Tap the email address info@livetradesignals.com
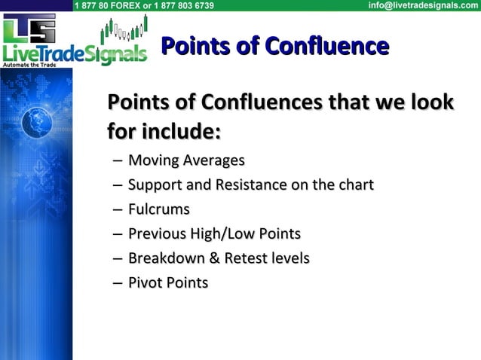[x=422, y=5]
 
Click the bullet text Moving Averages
[x=186, y=160]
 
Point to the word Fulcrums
[x=158, y=209]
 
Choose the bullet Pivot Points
[x=167, y=282]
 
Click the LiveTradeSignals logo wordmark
[x=73, y=54]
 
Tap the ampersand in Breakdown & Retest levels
[x=213, y=258]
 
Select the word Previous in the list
[x=157, y=233]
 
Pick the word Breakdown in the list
[x=165, y=258]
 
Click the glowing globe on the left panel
[x=35, y=123]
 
